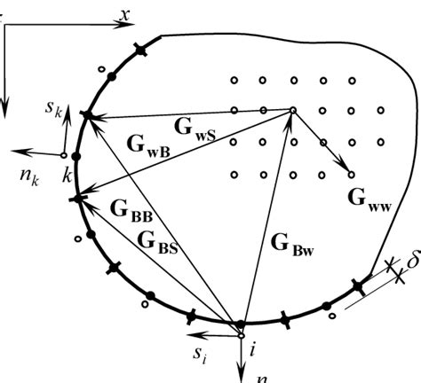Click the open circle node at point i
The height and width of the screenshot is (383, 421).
[x=241, y=334]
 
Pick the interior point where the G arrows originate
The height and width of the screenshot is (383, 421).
[x=292, y=111]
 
